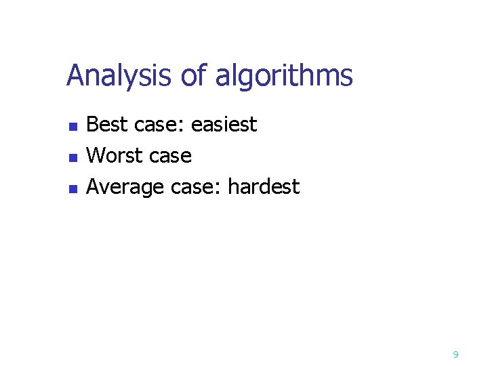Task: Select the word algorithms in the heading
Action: [284, 76]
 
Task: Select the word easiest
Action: [224, 125]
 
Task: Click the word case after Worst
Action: [171, 157]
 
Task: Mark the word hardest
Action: [264, 186]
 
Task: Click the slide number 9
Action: [455, 354]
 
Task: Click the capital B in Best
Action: [94, 125]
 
